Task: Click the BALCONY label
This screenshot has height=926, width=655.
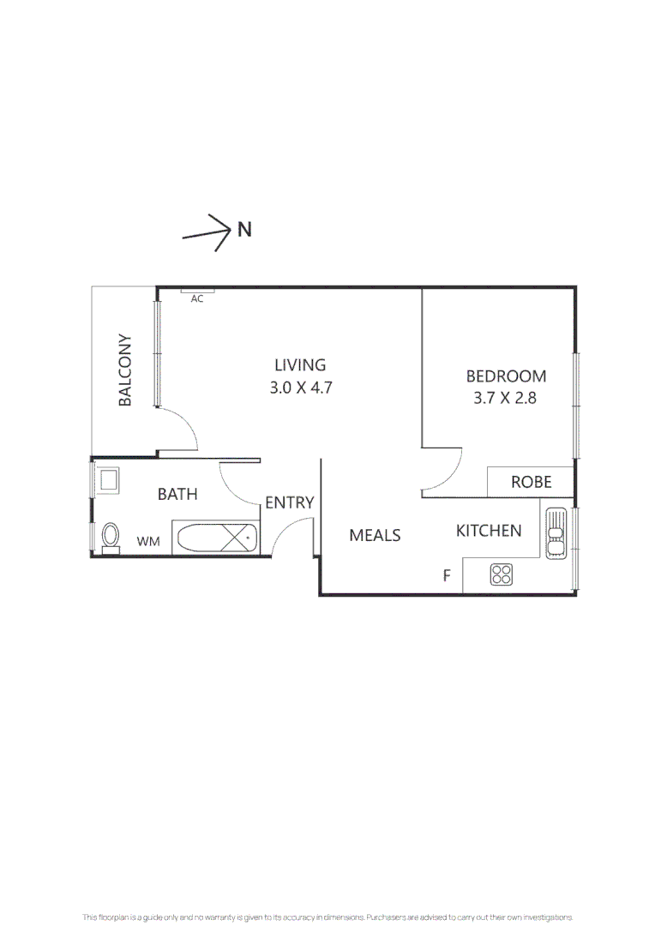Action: [124, 370]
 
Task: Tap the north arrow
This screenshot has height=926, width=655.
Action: [206, 232]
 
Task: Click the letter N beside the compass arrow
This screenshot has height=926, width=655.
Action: [244, 229]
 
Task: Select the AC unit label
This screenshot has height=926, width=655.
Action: [196, 299]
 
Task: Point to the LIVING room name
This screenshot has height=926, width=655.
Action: [300, 365]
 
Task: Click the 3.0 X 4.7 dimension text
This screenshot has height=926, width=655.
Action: [301, 388]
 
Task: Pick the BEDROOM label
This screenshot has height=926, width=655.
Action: [506, 376]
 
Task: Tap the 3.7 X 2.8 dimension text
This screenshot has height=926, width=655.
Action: [505, 398]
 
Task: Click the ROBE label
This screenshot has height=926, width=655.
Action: [531, 482]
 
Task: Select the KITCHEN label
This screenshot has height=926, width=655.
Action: [489, 531]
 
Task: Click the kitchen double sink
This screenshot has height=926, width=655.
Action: [556, 533]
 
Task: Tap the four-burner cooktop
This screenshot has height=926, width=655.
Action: [502, 574]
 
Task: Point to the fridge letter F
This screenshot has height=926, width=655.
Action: [448, 575]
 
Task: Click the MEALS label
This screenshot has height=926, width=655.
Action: [375, 535]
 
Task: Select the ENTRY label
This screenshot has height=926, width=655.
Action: [290, 502]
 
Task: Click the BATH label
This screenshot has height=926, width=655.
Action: [177, 494]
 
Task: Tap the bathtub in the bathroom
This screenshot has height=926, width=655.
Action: [215, 538]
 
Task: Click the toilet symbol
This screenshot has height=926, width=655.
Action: [111, 538]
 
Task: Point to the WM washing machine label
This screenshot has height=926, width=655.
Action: [148, 541]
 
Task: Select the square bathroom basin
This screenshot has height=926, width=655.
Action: [110, 480]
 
